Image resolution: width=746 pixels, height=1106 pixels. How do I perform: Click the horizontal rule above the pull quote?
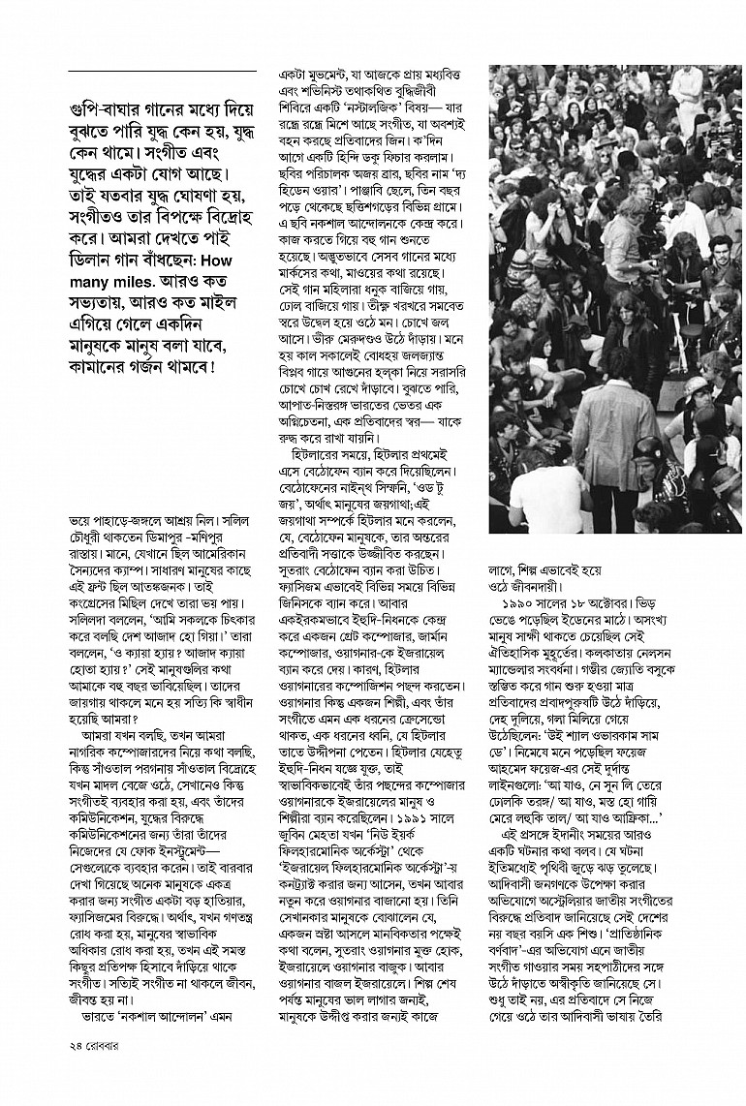click(x=161, y=74)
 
